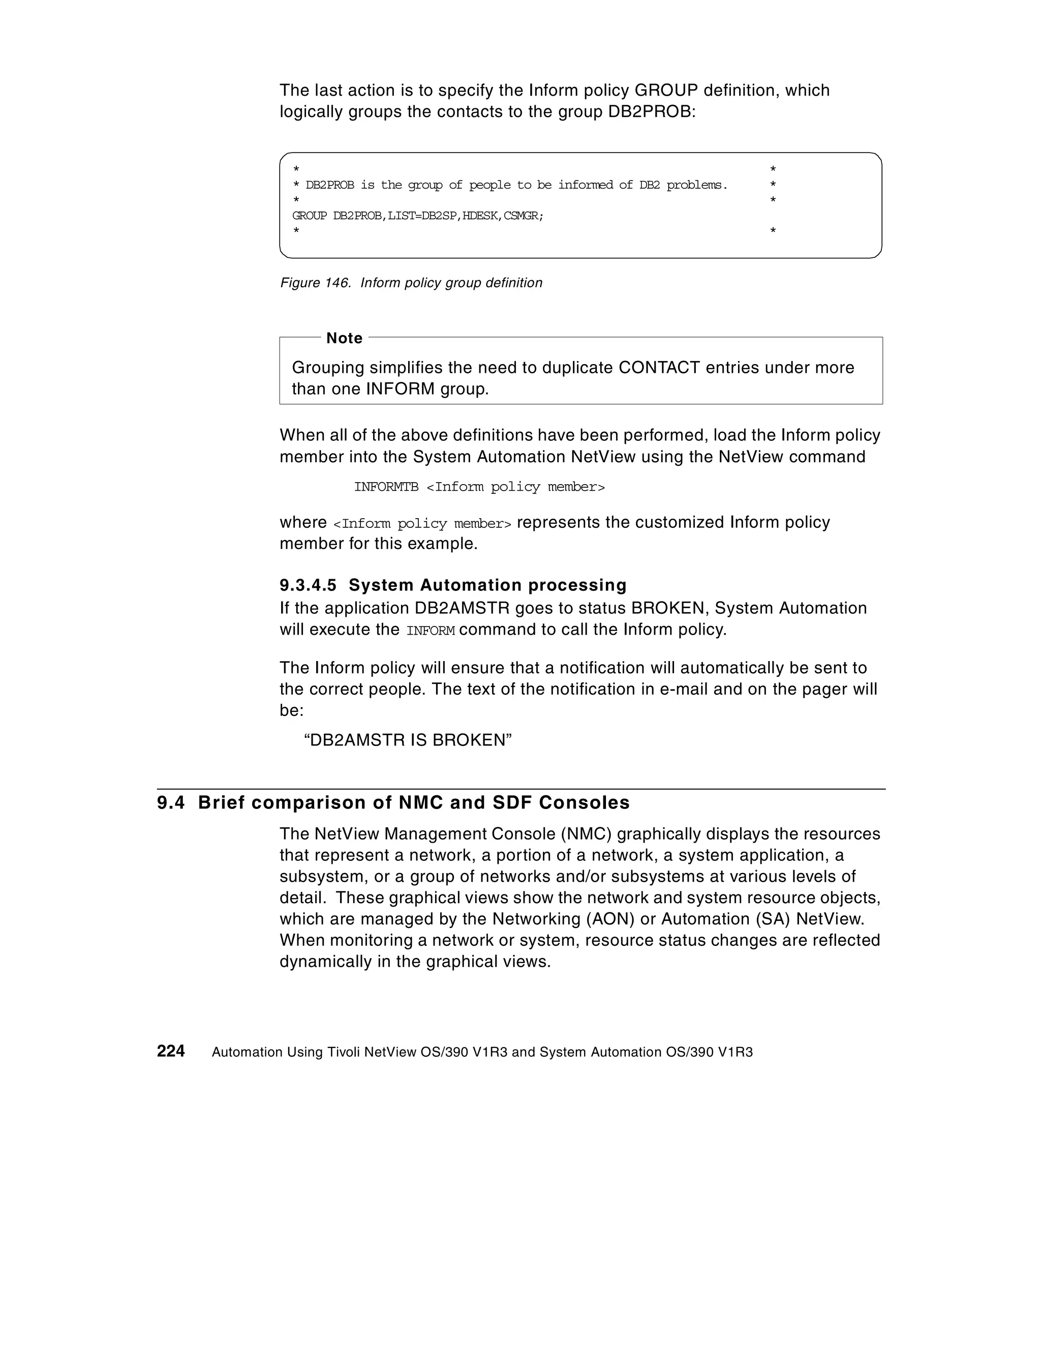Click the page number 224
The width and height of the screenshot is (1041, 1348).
(171, 1051)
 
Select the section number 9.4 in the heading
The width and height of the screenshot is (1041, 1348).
(171, 802)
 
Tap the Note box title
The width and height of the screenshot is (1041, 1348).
(344, 338)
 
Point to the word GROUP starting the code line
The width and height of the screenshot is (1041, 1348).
(309, 216)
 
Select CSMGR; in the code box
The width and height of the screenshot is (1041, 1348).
(523, 216)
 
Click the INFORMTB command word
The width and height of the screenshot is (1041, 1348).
(386, 487)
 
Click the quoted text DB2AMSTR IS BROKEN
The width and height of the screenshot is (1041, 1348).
(408, 740)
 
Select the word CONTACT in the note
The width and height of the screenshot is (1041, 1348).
(659, 368)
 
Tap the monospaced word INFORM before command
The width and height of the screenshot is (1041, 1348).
(431, 631)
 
